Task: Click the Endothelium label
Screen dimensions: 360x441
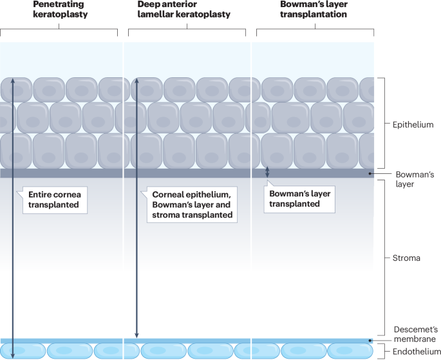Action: (x=412, y=352)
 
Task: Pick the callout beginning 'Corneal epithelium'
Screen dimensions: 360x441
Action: (x=192, y=204)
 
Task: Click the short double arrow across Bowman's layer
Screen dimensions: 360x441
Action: (x=268, y=172)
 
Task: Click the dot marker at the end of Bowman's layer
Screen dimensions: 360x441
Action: (x=370, y=173)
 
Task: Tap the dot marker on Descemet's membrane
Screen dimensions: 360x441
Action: (x=370, y=341)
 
